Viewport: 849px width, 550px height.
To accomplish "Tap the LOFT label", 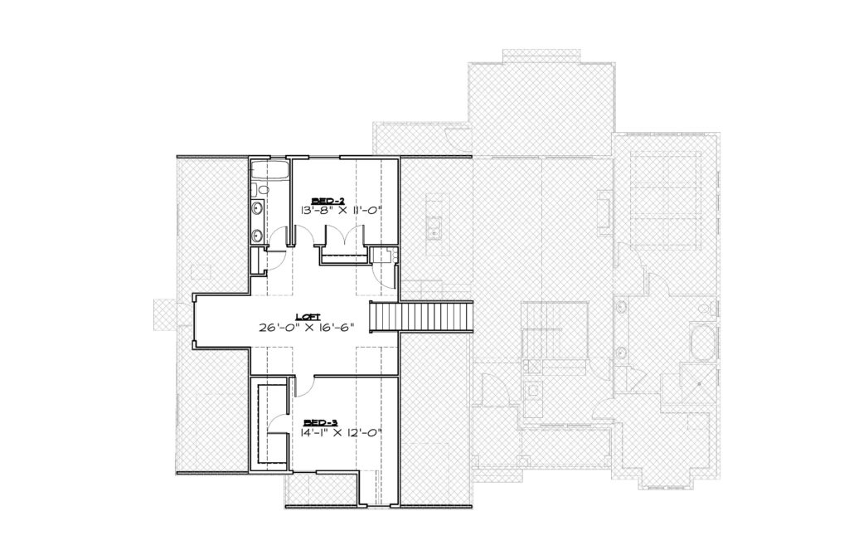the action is click(308, 317).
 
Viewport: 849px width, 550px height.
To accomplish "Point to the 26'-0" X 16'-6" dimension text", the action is click(307, 327).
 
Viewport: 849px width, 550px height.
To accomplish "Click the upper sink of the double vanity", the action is click(259, 207).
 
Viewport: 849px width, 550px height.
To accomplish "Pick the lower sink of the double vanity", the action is click(259, 235).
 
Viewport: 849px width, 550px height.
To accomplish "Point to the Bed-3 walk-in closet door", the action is click(276, 422).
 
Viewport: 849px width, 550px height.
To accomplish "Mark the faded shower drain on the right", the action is click(699, 384).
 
